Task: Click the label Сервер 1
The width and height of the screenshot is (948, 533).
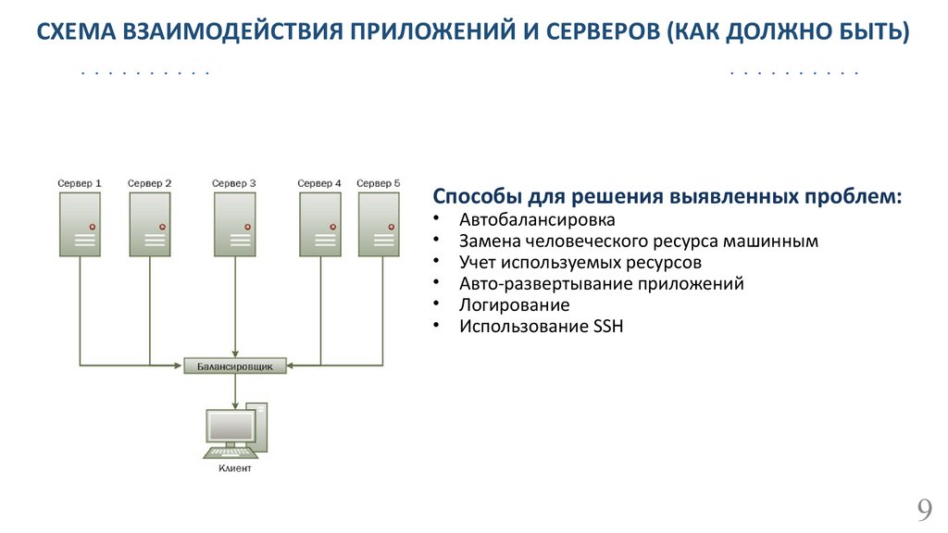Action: pos(80,183)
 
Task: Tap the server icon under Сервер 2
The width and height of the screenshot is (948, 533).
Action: pos(150,225)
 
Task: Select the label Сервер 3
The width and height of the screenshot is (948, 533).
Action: pos(234,183)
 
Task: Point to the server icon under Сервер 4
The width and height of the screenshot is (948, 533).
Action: pos(319,225)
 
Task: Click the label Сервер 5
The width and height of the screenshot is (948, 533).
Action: pos(378,183)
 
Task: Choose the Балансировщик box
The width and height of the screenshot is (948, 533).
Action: pos(235,366)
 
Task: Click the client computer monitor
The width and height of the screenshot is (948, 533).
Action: pos(231,427)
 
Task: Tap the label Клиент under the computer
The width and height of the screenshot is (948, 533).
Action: pos(234,468)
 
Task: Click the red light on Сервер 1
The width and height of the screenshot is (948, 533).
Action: pos(93,227)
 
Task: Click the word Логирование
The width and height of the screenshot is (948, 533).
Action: pos(514,304)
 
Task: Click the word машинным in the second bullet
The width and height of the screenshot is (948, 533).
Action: pos(775,242)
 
